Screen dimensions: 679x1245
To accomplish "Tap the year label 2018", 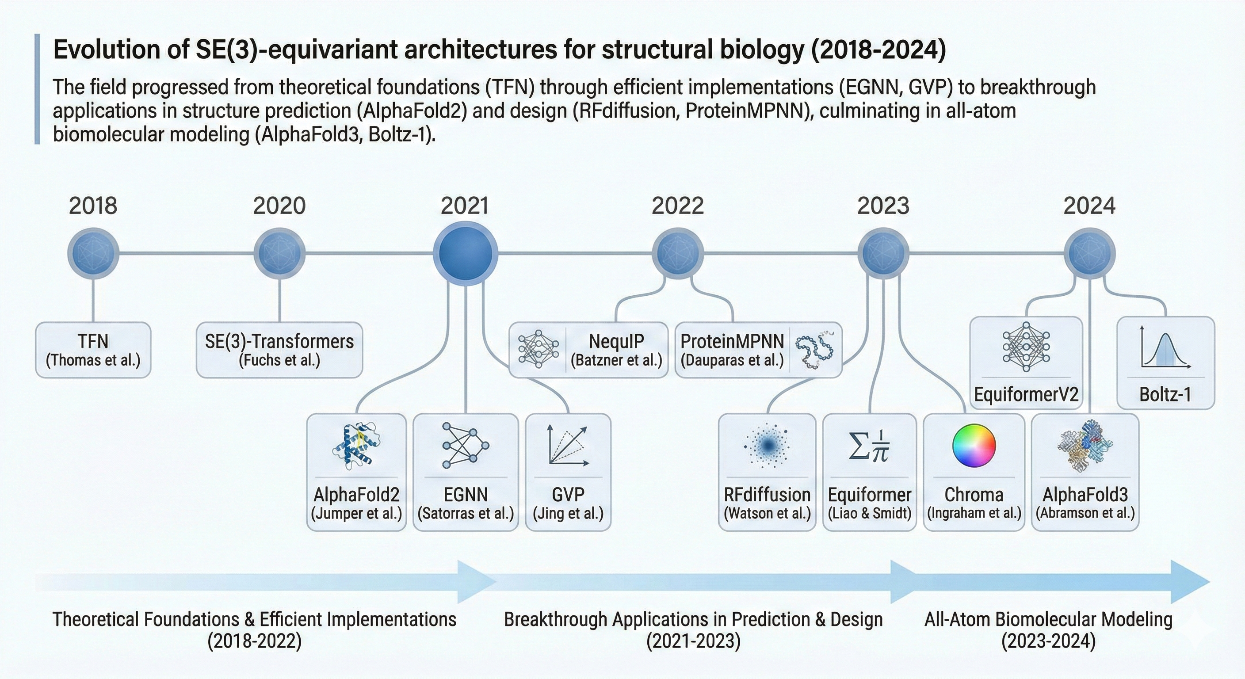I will point(93,206).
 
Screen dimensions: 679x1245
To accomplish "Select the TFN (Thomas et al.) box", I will point(93,350).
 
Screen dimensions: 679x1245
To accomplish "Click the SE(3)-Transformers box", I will point(279,350).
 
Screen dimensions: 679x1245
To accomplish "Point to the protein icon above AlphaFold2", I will point(356,446).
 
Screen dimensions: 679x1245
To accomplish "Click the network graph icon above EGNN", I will point(466,445).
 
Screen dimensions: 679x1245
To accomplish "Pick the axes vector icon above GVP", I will point(568,445).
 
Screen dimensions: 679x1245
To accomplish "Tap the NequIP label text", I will point(616,342).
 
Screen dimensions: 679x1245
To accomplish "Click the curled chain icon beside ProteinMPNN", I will point(815,350).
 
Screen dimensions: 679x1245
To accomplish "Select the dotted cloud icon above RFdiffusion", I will point(767,445).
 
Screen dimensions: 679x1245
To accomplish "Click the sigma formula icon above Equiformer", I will point(869,445).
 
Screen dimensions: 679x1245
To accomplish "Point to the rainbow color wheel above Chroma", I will point(974,445).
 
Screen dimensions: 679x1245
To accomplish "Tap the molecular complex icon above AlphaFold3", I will point(1085,445).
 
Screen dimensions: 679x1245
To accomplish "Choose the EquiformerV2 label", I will point(1026,395).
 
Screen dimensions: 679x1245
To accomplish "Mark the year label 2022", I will point(678,206).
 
